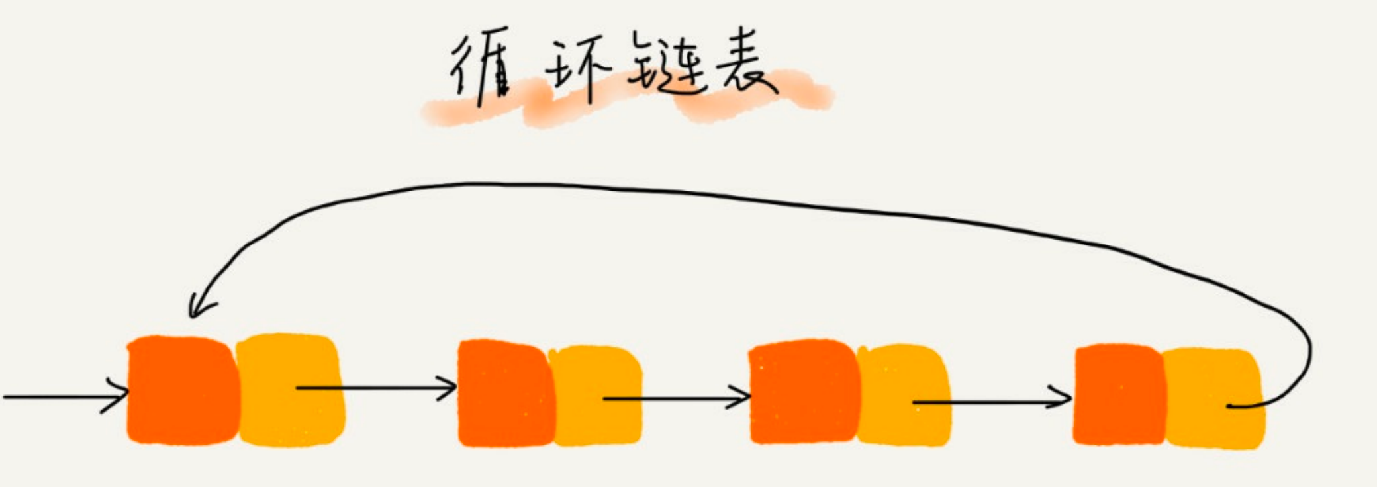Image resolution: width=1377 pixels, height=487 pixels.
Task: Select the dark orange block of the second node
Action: [x=504, y=394]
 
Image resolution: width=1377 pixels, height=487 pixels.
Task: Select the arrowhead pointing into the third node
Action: [x=743, y=398]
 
